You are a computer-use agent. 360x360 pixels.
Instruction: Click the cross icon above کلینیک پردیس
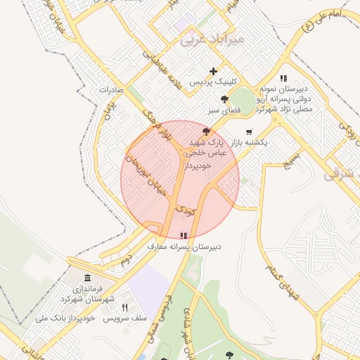pyautogui.click(x=214, y=71)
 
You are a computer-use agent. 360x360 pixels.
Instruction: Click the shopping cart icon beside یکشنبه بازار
pyautogui.click(x=249, y=131)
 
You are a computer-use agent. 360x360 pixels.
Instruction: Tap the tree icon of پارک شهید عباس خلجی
pyautogui.click(x=206, y=131)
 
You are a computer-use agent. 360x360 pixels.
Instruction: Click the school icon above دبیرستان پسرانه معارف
pyautogui.click(x=184, y=236)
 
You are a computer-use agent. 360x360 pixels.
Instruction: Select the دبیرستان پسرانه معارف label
pyautogui.click(x=184, y=247)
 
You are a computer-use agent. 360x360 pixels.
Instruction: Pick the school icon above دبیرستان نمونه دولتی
pyautogui.click(x=283, y=79)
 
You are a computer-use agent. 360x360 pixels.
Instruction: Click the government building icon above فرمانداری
pyautogui.click(x=87, y=278)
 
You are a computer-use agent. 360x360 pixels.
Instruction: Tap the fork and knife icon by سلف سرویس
pyautogui.click(x=125, y=307)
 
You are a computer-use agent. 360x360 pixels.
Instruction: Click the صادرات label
pyautogui.click(x=111, y=90)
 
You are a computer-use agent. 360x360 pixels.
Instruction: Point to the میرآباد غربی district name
pyautogui.click(x=212, y=39)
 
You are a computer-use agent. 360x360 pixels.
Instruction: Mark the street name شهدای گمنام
pyautogui.click(x=282, y=281)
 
